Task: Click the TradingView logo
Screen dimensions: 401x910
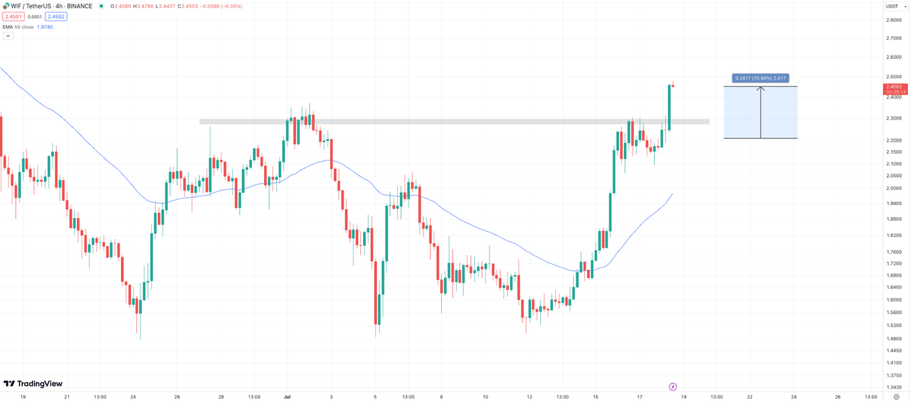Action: (33, 384)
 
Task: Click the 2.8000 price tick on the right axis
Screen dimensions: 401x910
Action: (893, 20)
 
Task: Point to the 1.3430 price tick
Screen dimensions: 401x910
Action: (893, 387)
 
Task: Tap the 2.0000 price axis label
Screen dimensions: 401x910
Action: (893, 188)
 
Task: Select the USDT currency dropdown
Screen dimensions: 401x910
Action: (893, 6)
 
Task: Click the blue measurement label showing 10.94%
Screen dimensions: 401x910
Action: (760, 78)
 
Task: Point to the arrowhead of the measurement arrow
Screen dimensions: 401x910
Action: (760, 88)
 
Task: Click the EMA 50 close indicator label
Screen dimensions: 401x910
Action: (18, 27)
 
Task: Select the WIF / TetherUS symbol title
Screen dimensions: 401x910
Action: (33, 6)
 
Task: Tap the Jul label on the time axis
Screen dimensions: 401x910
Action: (287, 396)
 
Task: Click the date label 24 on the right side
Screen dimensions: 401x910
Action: (794, 396)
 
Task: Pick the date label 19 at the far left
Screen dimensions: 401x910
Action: (23, 396)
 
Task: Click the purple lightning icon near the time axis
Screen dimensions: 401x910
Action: (673, 387)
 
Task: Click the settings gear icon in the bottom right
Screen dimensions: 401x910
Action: (897, 396)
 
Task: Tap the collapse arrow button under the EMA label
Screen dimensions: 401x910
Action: (8, 36)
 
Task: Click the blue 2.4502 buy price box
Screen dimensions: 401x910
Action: (57, 17)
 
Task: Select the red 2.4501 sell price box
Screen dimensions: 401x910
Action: (12, 17)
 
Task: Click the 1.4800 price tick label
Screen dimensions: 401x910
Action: (893, 338)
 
